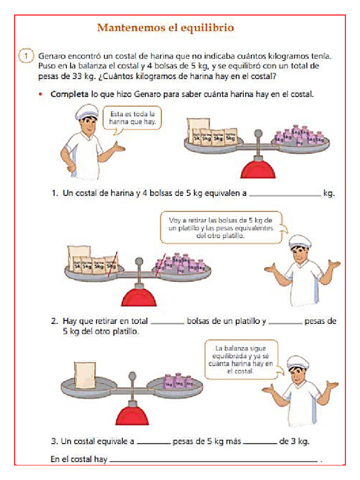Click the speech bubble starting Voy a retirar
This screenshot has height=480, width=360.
pyautogui.click(x=221, y=227)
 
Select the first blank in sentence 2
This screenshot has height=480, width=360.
pyautogui.click(x=167, y=322)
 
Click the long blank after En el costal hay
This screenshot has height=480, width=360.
pyautogui.click(x=213, y=461)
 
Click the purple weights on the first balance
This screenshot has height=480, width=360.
pyautogui.click(x=300, y=135)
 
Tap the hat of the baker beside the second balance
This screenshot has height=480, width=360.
pyautogui.click(x=300, y=242)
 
